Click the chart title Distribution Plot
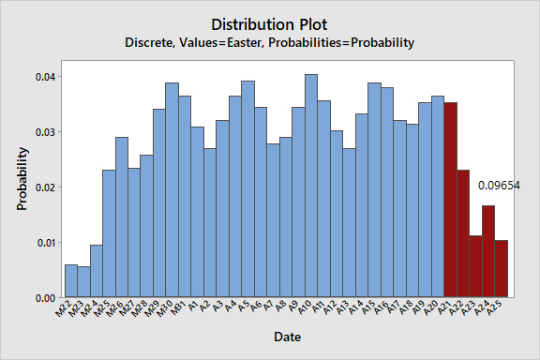(x=269, y=24)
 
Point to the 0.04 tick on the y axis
(x=46, y=77)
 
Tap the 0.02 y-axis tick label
(x=46, y=187)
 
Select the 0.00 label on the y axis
(x=46, y=298)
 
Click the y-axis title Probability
(x=22, y=179)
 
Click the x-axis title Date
(x=288, y=337)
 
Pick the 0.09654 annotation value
(x=499, y=186)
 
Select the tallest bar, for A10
(x=311, y=186)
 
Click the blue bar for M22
(x=71, y=280)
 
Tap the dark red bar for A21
(x=451, y=200)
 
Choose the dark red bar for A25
(x=502, y=269)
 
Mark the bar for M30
(x=172, y=189)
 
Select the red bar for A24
(x=488, y=251)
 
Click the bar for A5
(x=247, y=189)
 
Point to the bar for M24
(x=97, y=271)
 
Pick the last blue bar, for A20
(x=438, y=196)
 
